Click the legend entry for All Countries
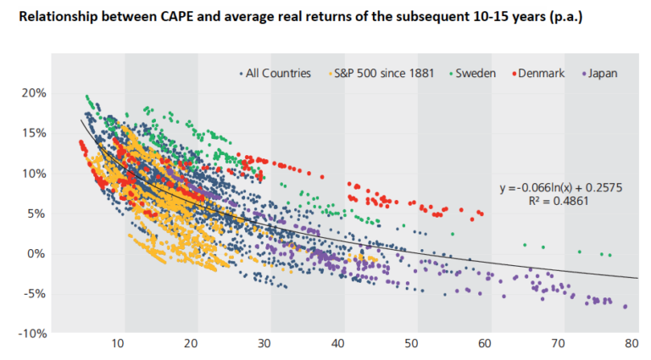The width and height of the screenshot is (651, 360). click(279, 73)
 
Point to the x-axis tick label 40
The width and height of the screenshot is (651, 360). click(338, 344)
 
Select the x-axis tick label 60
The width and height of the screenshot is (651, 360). click(485, 344)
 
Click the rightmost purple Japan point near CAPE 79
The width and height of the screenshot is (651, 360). click(626, 307)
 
